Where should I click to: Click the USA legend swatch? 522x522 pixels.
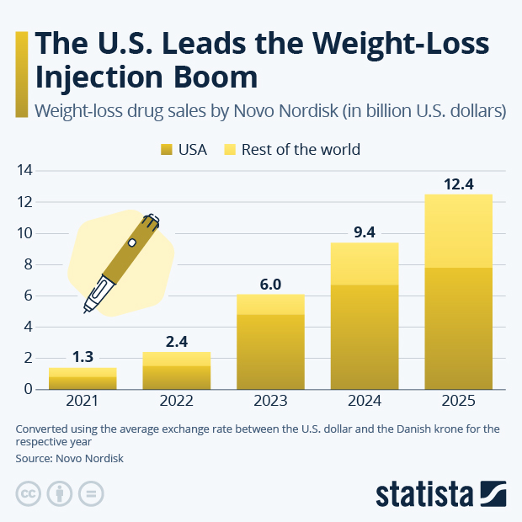click(x=166, y=150)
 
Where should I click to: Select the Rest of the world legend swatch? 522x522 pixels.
click(x=229, y=150)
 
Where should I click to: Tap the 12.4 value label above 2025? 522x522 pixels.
click(x=458, y=183)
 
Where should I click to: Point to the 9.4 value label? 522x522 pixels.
click(x=364, y=232)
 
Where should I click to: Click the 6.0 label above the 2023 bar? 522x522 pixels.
click(x=270, y=284)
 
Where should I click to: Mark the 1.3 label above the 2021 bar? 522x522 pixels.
click(x=83, y=357)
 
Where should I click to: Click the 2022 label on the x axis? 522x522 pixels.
click(x=176, y=402)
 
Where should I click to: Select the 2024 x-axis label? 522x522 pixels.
click(x=364, y=402)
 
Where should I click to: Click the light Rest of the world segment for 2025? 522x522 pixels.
click(x=458, y=231)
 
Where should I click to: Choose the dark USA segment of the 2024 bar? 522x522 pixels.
click(x=364, y=337)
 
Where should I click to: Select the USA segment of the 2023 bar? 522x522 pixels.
click(x=270, y=352)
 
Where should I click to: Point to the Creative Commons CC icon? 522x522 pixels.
click(x=29, y=493)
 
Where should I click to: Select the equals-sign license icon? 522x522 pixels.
click(x=91, y=493)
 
